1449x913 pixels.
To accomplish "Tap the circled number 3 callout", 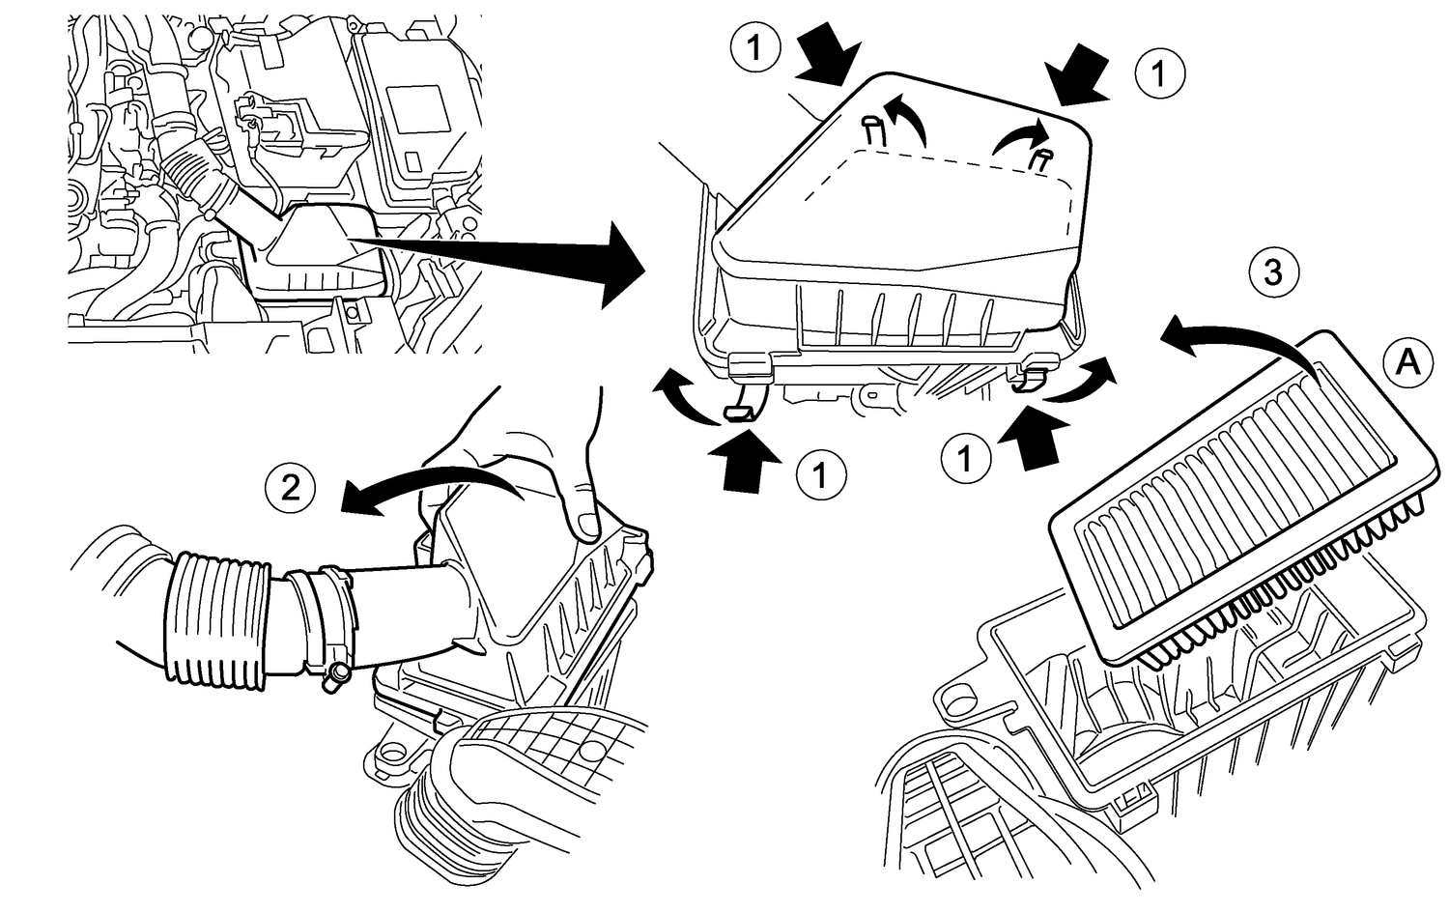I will (1273, 273).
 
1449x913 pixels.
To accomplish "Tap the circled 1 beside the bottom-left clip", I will (820, 474).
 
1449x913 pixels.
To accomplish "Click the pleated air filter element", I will (1246, 483).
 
